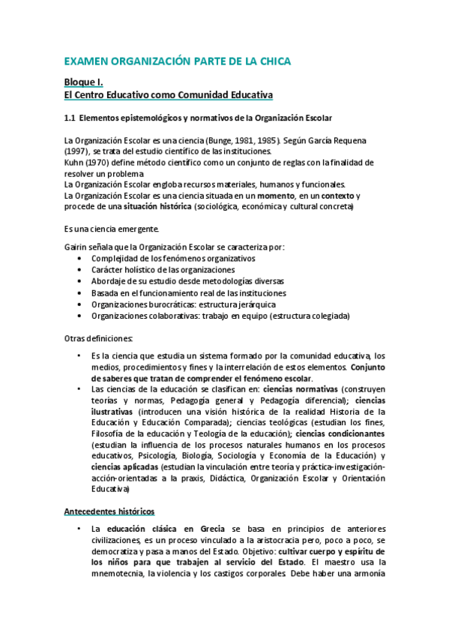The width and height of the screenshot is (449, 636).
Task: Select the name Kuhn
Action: click(74, 163)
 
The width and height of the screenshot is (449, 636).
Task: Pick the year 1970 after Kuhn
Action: click(101, 163)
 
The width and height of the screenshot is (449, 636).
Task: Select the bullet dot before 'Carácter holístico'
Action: click(81, 270)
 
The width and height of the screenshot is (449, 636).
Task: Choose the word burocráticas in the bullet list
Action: click(170, 304)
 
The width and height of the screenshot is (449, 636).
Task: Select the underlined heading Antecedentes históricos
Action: click(109, 511)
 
